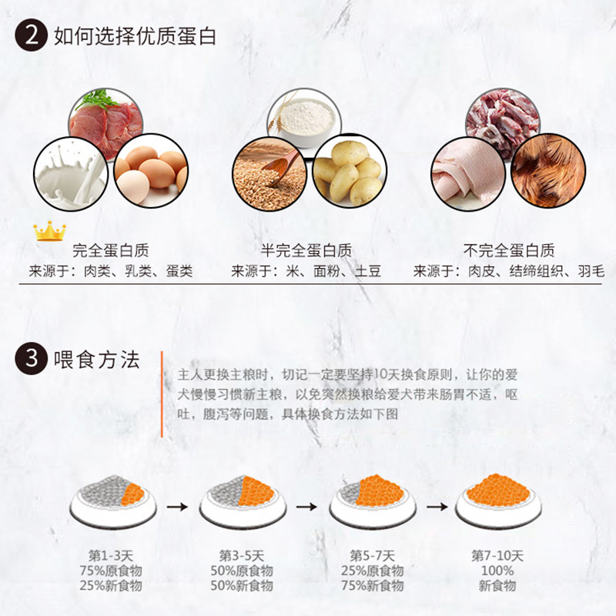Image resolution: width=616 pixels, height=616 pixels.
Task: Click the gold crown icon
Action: [49, 230]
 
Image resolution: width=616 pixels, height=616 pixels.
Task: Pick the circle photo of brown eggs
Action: [151, 170]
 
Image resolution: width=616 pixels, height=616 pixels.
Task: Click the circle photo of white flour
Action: [307, 119]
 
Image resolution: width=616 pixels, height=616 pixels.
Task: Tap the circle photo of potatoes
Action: [349, 171]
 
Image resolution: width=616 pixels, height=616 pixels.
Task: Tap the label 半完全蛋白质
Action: [306, 250]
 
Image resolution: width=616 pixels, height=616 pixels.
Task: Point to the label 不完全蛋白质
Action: [509, 250]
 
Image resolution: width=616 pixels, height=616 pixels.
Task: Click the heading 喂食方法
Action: [97, 359]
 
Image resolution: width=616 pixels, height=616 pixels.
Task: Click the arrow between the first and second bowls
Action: [177, 507]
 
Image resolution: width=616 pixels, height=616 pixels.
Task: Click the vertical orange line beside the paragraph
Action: [162, 394]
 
